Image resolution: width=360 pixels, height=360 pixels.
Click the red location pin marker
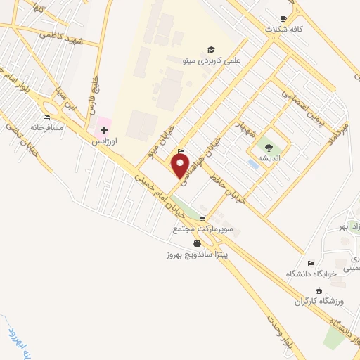181,167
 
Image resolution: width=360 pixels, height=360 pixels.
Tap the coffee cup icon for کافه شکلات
284,18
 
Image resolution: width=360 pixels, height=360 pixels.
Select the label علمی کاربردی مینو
211,60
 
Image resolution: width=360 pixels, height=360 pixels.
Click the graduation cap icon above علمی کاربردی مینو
210,49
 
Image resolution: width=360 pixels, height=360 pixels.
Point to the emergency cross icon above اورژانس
104,130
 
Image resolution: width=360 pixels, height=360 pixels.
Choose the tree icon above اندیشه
269,146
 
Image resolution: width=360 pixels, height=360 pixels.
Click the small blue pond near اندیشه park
252,164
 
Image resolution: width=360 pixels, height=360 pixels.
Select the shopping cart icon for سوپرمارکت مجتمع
202,219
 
